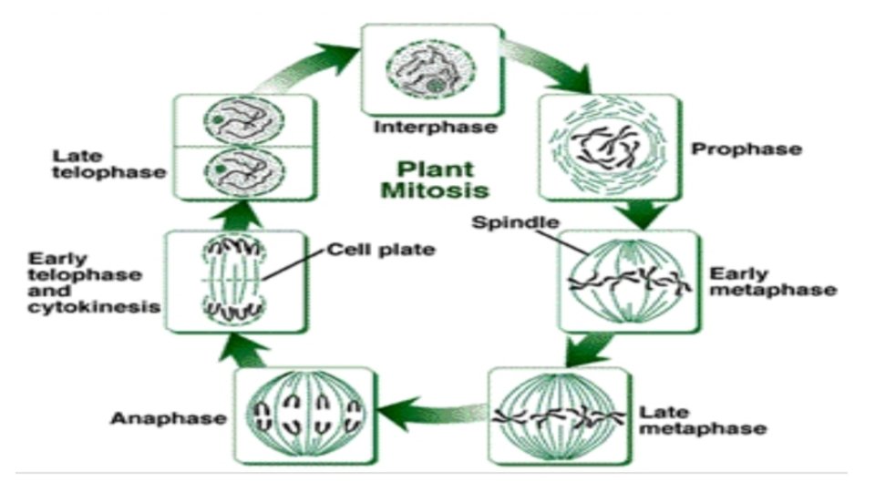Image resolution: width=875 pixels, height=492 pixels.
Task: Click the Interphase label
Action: [x=436, y=127]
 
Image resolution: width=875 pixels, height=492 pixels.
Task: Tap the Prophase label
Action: [x=747, y=148]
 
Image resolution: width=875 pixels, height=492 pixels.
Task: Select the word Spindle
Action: [x=503, y=222]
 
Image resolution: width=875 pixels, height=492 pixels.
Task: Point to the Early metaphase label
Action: [x=772, y=282]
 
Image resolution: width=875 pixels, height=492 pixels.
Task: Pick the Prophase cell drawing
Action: [x=609, y=147]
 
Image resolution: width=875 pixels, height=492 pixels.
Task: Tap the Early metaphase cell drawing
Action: [x=629, y=280]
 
